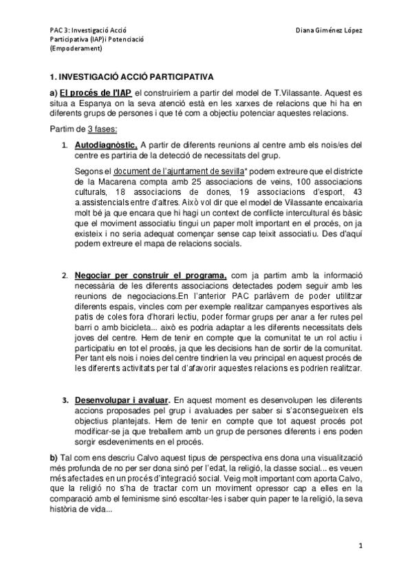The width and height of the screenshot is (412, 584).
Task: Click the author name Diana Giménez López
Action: point(329,30)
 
